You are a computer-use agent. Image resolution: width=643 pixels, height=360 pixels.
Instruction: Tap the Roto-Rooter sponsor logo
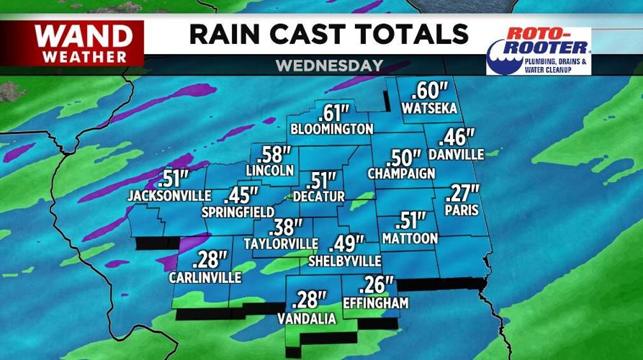(x=539, y=50)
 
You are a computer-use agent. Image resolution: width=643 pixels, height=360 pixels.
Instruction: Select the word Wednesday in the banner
(x=329, y=66)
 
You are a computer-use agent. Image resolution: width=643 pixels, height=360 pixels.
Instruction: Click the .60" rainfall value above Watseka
(x=430, y=91)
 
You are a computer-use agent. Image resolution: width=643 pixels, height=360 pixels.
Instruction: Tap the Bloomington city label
(x=331, y=129)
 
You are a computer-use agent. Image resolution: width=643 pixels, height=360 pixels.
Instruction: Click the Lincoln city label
(x=270, y=171)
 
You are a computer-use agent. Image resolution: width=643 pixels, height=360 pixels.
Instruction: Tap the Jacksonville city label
(x=169, y=195)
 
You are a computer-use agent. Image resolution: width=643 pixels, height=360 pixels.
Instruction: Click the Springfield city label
(x=238, y=212)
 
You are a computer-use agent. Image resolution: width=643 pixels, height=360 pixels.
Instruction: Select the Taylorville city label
(x=281, y=243)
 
